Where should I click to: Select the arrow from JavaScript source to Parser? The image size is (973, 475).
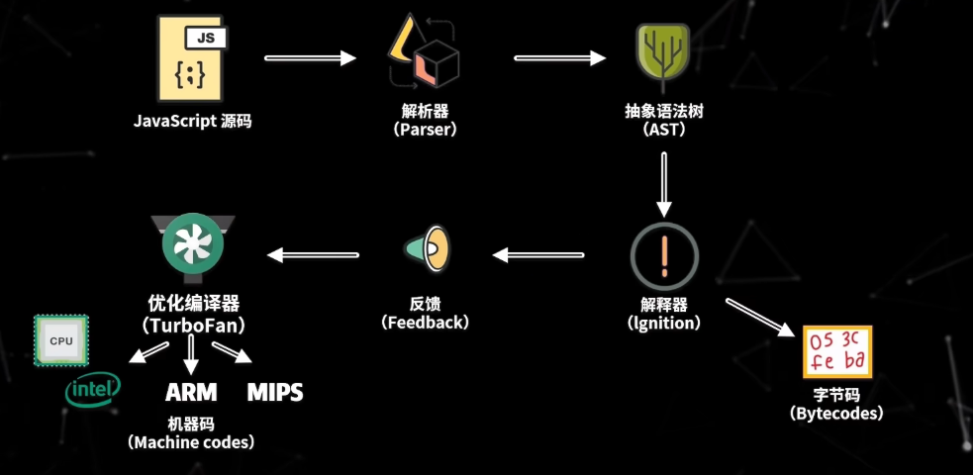310,58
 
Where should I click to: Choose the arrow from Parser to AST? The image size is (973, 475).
559,58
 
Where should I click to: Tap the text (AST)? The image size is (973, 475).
663,130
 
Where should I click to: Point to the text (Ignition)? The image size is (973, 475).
664,323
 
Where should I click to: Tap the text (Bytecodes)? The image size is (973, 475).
836,413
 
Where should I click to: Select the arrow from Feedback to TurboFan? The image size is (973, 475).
313,255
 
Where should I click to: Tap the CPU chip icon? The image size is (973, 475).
61,340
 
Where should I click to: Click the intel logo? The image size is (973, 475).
93,389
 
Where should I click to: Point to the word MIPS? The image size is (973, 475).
274,392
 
